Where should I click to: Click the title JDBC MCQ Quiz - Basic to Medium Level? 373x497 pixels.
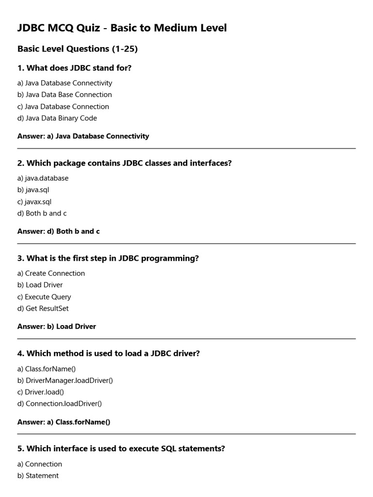[122, 28]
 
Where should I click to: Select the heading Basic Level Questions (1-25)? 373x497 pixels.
[78, 49]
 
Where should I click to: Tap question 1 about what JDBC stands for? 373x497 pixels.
[74, 68]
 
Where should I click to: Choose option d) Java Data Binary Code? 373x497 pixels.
[57, 118]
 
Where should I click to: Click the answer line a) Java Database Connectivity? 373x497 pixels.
[83, 136]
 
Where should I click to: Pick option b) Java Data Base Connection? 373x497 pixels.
[65, 95]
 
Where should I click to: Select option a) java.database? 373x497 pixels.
[43, 178]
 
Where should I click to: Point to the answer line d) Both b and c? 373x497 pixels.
[58, 232]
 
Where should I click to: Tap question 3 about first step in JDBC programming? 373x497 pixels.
[108, 258]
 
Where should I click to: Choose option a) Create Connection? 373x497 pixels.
[51, 273]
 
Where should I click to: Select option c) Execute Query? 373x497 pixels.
[44, 297]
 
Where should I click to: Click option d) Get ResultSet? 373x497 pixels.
[43, 308]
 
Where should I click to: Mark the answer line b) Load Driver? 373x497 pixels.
[56, 327]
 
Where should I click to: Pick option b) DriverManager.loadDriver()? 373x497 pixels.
[65, 380]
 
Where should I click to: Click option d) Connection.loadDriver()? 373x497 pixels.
[60, 403]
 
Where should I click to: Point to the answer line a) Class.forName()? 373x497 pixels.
[64, 422]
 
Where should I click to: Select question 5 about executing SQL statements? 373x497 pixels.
[121, 448]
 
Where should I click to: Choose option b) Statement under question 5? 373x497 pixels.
[38, 476]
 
